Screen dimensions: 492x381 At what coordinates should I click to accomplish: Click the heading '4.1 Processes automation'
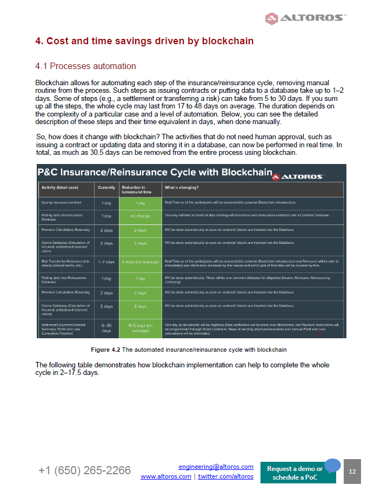pyautogui.click(x=85, y=66)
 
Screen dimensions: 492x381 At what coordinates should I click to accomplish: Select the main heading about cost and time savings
pyautogui.click(x=144, y=41)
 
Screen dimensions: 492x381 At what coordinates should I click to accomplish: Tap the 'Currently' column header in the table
pyautogui.click(x=106, y=188)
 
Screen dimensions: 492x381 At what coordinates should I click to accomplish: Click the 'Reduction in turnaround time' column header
pyautogui.click(x=140, y=189)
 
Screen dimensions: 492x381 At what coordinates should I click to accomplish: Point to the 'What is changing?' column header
pyautogui.click(x=181, y=188)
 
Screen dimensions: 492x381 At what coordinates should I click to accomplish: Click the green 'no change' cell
pyautogui.click(x=140, y=216)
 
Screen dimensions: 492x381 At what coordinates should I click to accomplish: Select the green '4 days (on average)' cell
pyautogui.click(x=140, y=262)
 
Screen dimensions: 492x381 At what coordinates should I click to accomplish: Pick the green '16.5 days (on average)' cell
pyautogui.click(x=140, y=329)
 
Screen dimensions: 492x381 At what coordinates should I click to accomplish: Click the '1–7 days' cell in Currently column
pyautogui.click(x=106, y=262)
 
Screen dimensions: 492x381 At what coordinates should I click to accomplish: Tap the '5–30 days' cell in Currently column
pyautogui.click(x=106, y=329)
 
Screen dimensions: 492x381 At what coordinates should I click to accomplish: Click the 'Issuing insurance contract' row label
pyautogui.click(x=62, y=203)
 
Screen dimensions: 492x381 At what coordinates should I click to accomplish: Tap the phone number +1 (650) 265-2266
pyautogui.click(x=84, y=470)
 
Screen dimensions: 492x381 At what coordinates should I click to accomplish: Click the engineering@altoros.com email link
pyautogui.click(x=216, y=467)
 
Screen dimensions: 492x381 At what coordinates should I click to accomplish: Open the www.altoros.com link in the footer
pyautogui.click(x=166, y=476)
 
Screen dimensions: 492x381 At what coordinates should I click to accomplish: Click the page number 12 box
pyautogui.click(x=352, y=471)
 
